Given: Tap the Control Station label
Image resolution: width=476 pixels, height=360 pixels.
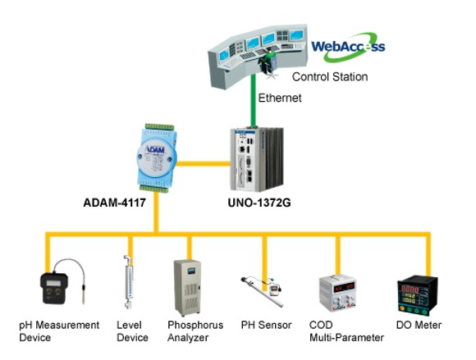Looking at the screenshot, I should pos(331,76).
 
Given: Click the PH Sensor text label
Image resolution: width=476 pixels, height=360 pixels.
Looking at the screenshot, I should pos(266,326).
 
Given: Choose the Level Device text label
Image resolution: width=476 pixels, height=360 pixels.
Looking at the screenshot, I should pos(132,331).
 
